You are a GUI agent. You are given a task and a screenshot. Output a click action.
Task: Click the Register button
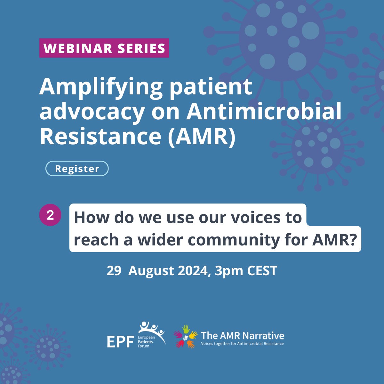(x=77, y=169)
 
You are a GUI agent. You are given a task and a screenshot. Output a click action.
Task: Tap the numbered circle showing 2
(x=50, y=215)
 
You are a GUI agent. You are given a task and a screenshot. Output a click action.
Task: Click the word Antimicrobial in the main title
(x=264, y=112)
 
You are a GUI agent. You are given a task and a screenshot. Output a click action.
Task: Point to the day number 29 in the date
(x=114, y=271)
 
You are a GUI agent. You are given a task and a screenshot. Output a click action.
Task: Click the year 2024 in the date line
(x=193, y=271)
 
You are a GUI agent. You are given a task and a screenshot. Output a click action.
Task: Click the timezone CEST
(x=262, y=271)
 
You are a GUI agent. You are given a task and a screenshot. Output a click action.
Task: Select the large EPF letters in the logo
(x=120, y=342)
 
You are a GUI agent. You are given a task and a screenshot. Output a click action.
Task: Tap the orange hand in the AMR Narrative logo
(x=191, y=344)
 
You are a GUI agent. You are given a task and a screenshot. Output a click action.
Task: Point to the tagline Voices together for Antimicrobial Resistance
(x=242, y=344)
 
